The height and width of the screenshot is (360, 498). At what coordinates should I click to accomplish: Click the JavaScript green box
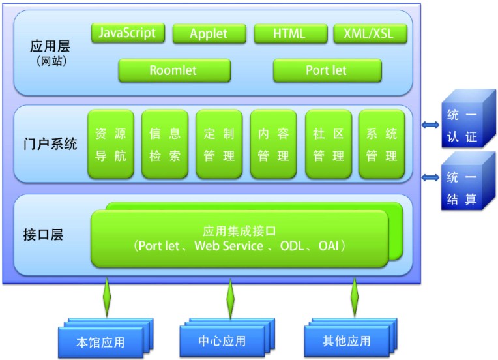click(x=128, y=33)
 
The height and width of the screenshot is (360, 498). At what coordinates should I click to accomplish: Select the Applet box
click(x=209, y=34)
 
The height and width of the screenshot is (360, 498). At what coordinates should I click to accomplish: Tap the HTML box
click(x=291, y=34)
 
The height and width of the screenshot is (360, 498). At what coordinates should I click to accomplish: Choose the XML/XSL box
click(x=370, y=34)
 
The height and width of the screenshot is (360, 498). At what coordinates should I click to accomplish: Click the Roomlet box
click(x=174, y=70)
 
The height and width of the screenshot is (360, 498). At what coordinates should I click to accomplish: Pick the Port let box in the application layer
click(x=327, y=70)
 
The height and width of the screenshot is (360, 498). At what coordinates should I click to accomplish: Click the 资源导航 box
click(x=111, y=144)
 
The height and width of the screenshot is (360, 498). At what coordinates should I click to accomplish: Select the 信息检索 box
click(x=165, y=144)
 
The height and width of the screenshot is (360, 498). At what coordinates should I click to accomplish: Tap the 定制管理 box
click(x=219, y=144)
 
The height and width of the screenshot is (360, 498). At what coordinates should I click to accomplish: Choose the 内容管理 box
click(x=274, y=144)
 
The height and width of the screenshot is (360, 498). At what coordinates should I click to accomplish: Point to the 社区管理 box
click(x=329, y=144)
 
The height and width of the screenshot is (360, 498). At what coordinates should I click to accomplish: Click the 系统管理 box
click(x=382, y=144)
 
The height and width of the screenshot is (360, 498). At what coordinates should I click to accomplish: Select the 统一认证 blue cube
click(x=469, y=119)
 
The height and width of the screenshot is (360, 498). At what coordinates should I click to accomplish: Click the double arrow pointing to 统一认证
click(x=431, y=125)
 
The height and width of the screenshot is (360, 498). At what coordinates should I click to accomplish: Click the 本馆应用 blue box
click(x=106, y=338)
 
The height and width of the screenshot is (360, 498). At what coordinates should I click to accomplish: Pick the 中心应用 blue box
click(x=227, y=337)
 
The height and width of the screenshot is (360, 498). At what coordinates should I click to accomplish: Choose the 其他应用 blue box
click(x=351, y=337)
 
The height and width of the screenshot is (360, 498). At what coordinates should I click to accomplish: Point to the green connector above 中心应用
click(x=231, y=298)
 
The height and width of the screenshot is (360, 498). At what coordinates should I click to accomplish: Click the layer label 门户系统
click(x=50, y=144)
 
